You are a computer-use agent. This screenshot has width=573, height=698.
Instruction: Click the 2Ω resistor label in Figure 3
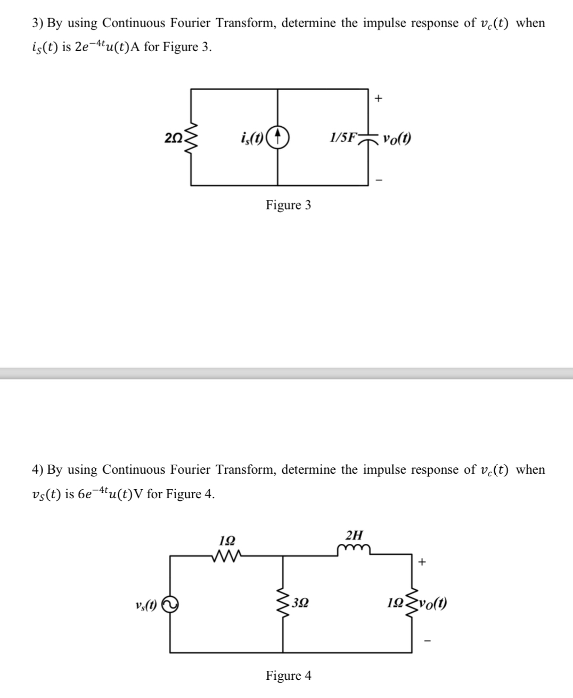[x=174, y=137]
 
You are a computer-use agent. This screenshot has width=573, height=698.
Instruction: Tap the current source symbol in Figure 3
[x=282, y=137]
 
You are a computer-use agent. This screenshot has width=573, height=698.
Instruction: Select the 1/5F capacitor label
[x=343, y=137]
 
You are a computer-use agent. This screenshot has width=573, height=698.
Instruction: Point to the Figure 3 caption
[x=288, y=205]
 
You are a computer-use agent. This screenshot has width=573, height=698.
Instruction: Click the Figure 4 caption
[x=289, y=676]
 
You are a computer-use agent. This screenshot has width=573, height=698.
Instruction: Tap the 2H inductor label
[x=355, y=535]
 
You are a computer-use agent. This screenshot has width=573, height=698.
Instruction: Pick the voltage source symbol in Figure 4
[x=169, y=604]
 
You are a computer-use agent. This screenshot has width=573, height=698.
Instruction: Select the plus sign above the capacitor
[x=379, y=98]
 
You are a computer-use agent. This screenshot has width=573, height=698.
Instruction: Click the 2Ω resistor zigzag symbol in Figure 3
[x=192, y=138]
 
